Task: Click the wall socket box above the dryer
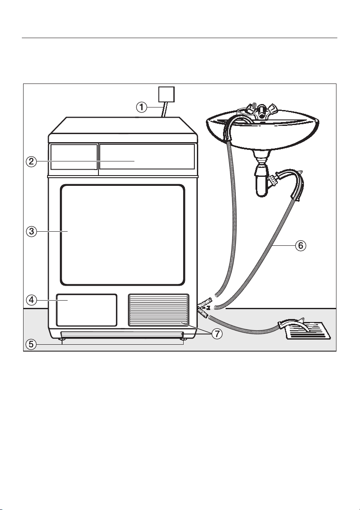(x=167, y=94)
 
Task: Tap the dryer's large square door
(x=123, y=235)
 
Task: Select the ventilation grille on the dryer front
(x=158, y=310)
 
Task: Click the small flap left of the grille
(x=87, y=310)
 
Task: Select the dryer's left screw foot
(x=62, y=340)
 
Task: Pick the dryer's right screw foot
(x=184, y=340)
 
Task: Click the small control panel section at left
(x=74, y=157)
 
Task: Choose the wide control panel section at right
(x=147, y=157)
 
